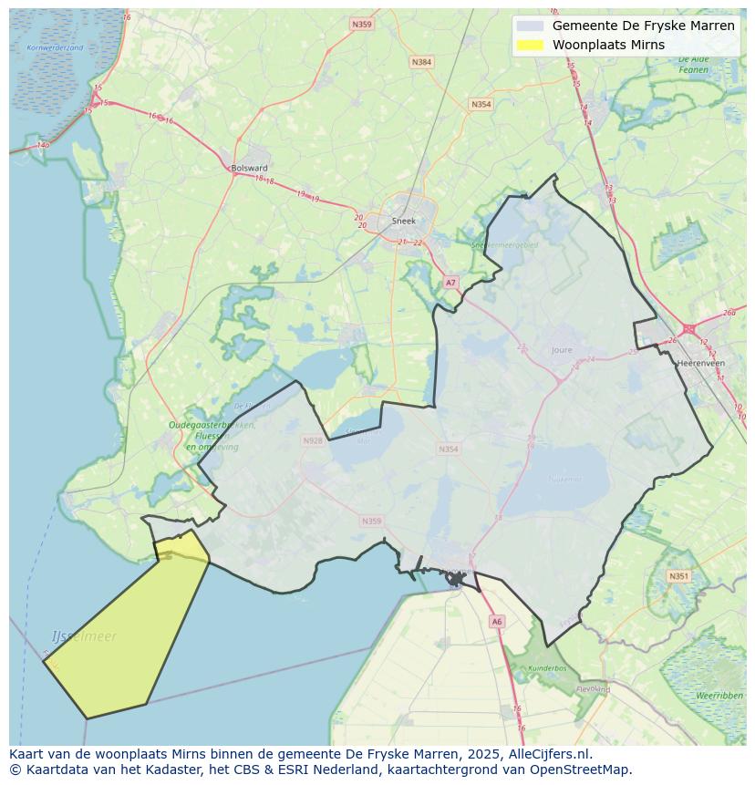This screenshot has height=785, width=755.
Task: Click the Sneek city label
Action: click(x=403, y=221)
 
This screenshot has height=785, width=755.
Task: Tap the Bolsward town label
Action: click(x=249, y=168)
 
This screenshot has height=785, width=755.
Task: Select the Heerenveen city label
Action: click(x=701, y=363)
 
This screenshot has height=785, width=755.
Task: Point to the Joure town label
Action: click(x=562, y=349)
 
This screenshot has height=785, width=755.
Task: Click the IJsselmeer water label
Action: click(x=85, y=636)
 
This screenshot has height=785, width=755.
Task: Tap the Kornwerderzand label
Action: click(x=55, y=47)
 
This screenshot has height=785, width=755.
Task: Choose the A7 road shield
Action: click(x=450, y=283)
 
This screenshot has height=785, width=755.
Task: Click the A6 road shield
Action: click(x=496, y=621)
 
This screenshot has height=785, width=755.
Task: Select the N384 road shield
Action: click(x=420, y=62)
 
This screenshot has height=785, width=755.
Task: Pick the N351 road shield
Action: click(x=678, y=576)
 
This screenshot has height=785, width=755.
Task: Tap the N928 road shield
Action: click(x=313, y=440)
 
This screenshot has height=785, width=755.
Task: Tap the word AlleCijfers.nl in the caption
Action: click(x=551, y=754)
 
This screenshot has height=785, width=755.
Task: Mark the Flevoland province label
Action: click(x=593, y=689)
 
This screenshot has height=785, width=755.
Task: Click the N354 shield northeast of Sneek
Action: click(x=481, y=104)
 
